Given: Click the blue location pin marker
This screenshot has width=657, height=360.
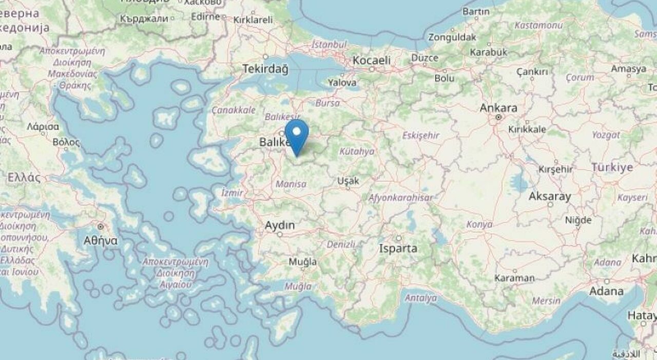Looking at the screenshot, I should pos(297,135).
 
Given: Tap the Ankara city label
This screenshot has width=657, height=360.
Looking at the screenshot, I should pos(498,108).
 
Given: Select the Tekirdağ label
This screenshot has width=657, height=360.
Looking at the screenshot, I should pos(265,69).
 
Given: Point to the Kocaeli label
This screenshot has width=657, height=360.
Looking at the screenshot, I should pos(372,60).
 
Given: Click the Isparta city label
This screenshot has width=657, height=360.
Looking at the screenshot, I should pos(398,249).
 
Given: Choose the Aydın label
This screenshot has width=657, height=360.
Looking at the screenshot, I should pos(280,225).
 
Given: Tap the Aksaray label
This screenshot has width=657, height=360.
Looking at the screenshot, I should pos(550,196).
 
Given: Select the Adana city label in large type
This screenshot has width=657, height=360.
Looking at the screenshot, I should pos(607,291).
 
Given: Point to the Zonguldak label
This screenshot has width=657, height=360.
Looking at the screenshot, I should pos(452,37).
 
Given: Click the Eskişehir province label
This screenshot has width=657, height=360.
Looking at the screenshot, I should pos(421,136).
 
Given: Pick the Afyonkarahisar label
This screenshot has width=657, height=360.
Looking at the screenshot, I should pos(400,197).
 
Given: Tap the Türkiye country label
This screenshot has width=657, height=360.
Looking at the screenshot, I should pos(612,168).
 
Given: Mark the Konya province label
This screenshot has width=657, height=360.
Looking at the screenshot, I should pos(479,224).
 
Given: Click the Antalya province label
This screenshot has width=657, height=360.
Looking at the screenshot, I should pos(421,298).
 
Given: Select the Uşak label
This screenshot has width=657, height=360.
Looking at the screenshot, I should pos(348,181).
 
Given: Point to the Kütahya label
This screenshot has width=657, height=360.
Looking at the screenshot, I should pos(357,151).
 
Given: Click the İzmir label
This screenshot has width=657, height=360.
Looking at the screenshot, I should pos(231,193).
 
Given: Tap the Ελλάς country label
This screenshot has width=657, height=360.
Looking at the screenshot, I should pos(24,178).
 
